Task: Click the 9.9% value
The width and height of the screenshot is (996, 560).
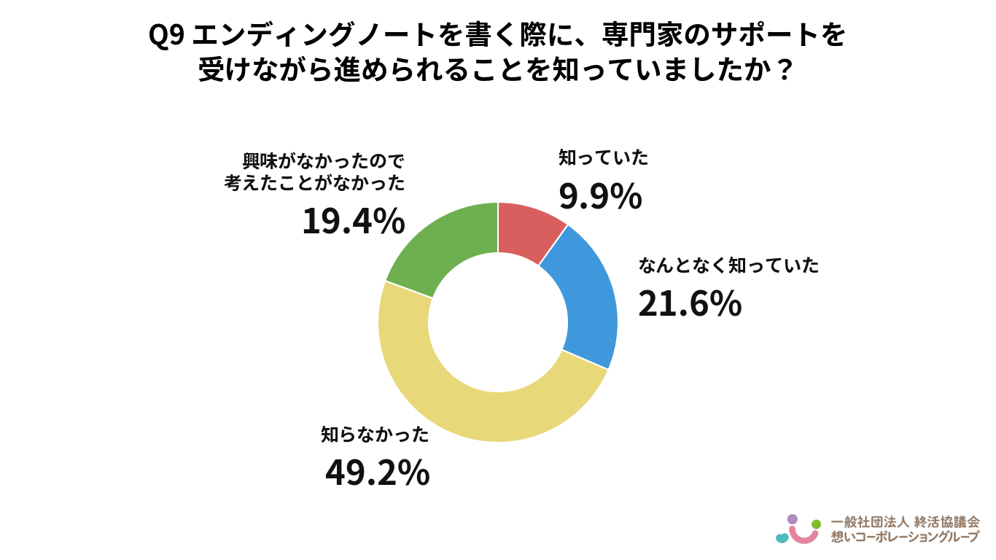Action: [600, 196]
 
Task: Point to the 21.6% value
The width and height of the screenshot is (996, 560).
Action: [690, 304]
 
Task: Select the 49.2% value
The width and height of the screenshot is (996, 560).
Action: [378, 472]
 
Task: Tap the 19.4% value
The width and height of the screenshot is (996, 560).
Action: [354, 221]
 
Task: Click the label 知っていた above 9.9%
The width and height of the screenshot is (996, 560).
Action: [604, 158]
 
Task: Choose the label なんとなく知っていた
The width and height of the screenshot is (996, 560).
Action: [728, 265]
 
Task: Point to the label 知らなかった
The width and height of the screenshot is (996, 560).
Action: [375, 435]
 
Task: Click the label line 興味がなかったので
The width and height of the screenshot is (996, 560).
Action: [324, 161]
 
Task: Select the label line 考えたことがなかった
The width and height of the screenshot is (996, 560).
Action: [314, 183]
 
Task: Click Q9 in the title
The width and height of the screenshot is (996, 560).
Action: [166, 36]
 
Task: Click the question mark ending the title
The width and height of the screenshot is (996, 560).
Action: [784, 70]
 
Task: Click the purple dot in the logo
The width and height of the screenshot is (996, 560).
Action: [793, 519]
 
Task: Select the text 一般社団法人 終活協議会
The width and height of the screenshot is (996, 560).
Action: [905, 522]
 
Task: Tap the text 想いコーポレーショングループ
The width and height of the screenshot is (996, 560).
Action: [905, 537]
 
